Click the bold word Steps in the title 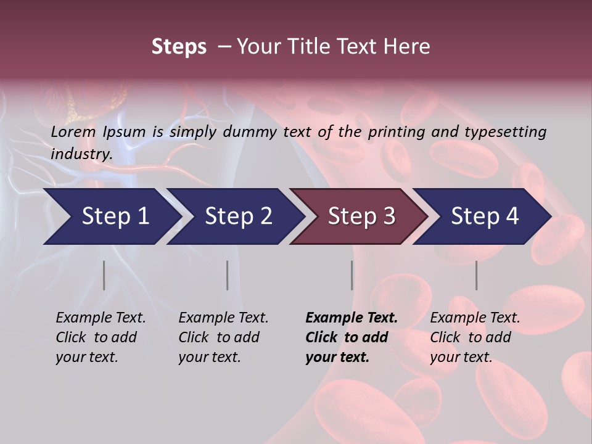[x=179, y=47]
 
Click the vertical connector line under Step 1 [x=104, y=275]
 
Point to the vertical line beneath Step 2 [x=227, y=275]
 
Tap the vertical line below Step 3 [x=351, y=275]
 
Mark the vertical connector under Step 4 [x=476, y=275]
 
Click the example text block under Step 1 [x=101, y=337]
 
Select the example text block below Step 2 [x=223, y=337]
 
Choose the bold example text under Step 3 [x=351, y=337]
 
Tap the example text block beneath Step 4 [x=475, y=337]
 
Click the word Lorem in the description [x=73, y=131]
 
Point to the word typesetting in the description [x=505, y=131]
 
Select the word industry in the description [x=81, y=154]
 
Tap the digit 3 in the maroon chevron [x=388, y=216]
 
